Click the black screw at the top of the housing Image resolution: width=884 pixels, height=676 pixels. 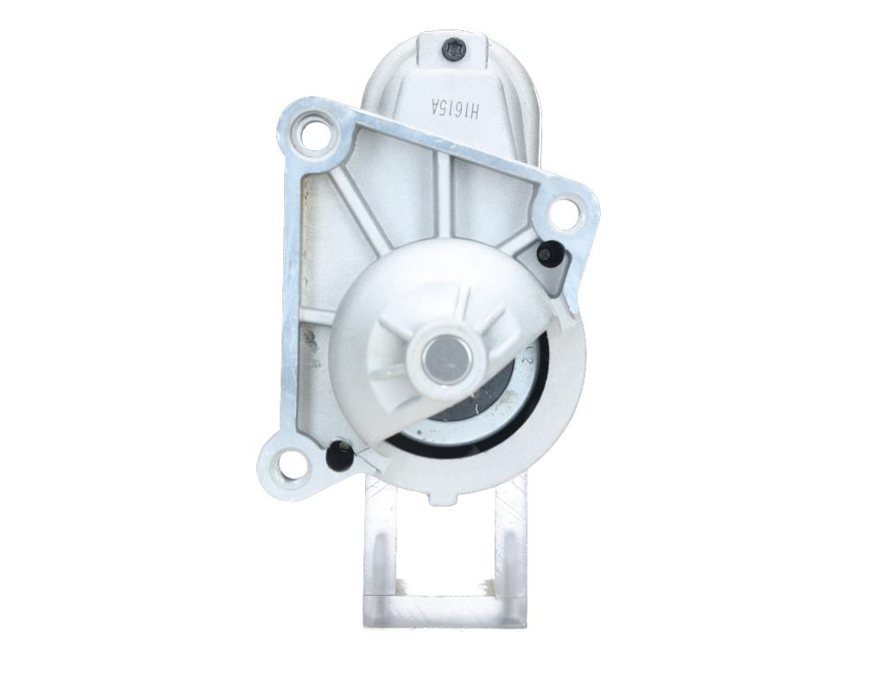(455, 50)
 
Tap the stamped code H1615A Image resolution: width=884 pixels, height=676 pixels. (458, 110)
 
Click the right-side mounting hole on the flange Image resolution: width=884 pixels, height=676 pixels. (565, 212)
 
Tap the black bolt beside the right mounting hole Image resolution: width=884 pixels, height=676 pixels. (548, 253)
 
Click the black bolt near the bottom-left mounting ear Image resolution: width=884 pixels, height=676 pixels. (339, 453)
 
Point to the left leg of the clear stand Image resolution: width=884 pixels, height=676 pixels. (377, 553)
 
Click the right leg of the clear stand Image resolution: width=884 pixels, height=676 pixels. (509, 553)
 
